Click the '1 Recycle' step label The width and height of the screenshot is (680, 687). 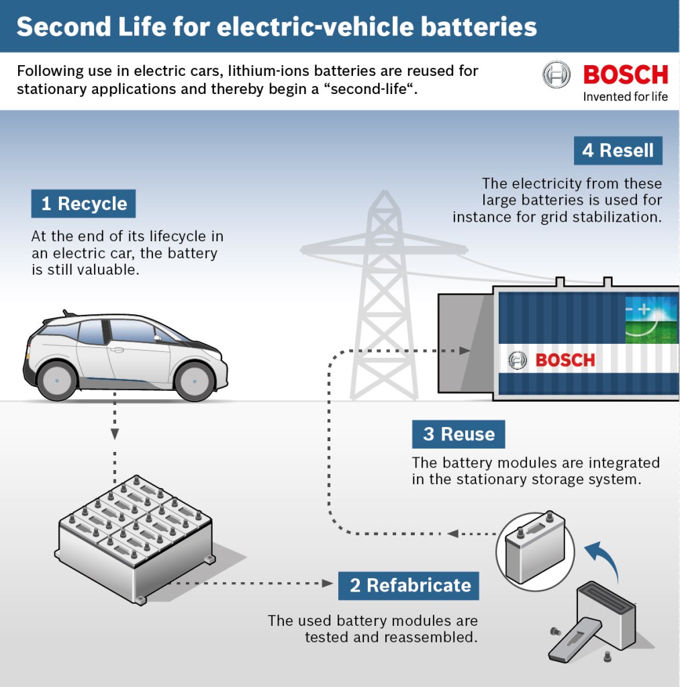83,204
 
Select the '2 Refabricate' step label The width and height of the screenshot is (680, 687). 409,585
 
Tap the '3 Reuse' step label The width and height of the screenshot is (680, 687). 458,434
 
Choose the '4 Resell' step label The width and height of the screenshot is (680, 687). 618,150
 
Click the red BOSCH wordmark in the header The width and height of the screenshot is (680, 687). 625,75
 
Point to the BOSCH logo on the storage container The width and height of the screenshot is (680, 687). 552,360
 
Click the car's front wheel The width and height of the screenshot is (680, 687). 195,381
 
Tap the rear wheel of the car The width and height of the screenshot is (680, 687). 57,381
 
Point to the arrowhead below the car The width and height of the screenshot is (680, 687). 115,434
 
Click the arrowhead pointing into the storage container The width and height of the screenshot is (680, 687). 463,351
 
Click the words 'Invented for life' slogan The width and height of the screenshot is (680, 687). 625,97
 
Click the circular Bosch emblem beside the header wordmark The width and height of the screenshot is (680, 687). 556,75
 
